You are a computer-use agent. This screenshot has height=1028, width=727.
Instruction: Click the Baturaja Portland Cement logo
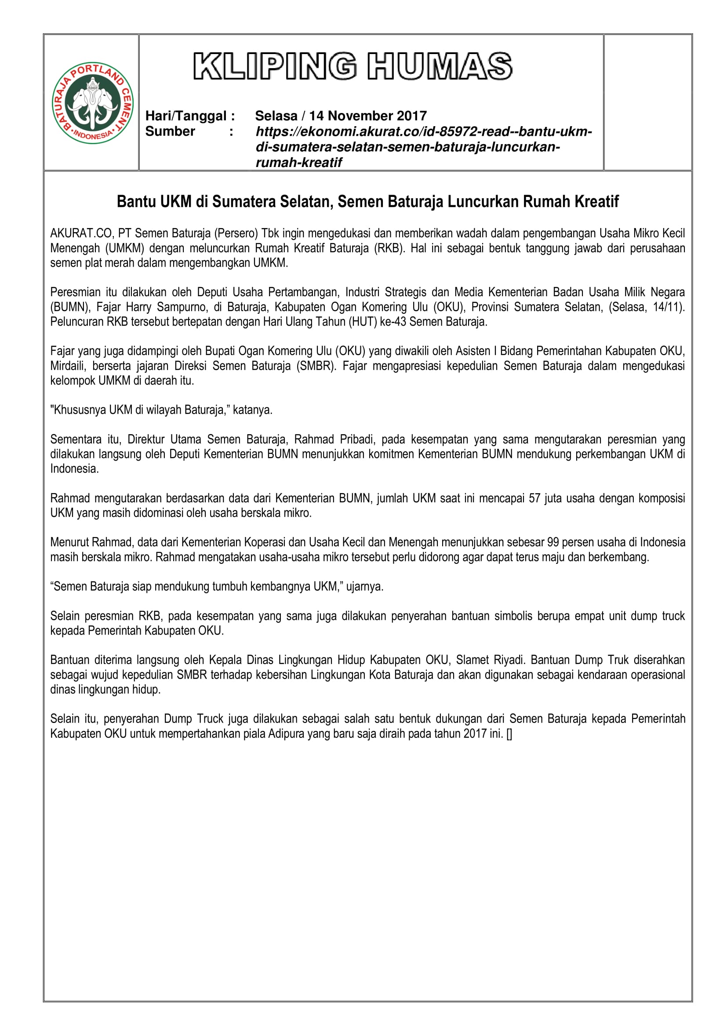point(93,103)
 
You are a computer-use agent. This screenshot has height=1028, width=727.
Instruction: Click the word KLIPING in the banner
point(275,66)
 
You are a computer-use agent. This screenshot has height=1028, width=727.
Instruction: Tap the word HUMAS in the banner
point(440,66)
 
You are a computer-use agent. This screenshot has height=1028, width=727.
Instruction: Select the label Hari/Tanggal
point(186,116)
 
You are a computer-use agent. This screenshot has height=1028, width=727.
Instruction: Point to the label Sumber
point(170,131)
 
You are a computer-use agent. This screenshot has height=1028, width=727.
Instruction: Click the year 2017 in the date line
point(411,116)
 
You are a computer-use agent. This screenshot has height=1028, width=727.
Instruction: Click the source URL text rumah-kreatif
point(298,163)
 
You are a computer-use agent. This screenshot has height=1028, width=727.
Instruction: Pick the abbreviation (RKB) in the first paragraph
point(389,248)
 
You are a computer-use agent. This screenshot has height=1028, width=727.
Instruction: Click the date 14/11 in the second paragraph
point(670,307)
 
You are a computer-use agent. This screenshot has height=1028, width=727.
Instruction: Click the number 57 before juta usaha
point(534,498)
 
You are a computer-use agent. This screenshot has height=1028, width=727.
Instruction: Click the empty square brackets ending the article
point(509,734)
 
